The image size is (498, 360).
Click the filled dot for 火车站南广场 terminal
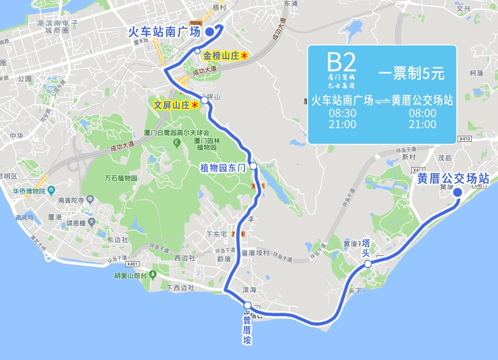point(210,32)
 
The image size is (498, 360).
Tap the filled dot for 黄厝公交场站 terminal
point(458,192)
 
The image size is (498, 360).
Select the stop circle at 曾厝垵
point(247,305)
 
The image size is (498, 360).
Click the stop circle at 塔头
point(368,264)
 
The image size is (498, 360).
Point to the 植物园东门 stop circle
point(253,166)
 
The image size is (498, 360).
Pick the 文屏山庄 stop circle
point(205,100)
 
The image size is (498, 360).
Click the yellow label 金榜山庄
point(221,56)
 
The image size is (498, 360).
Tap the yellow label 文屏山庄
point(172,105)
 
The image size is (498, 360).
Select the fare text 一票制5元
point(411,74)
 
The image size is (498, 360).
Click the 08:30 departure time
point(342,113)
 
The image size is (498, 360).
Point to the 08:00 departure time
point(422,113)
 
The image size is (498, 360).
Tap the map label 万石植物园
point(121,178)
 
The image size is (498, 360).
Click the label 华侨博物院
point(29,191)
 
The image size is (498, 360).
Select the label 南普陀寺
point(71,199)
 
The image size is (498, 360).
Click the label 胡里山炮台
point(130,275)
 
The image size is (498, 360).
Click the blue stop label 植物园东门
point(222,167)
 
